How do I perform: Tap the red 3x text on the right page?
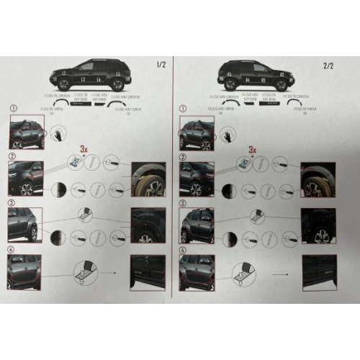coord(253,149)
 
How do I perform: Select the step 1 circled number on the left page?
coord(12,109)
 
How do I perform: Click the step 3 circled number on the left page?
coord(12,202)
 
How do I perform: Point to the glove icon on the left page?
coord(58,133)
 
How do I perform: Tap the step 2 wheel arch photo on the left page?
coord(148,180)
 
